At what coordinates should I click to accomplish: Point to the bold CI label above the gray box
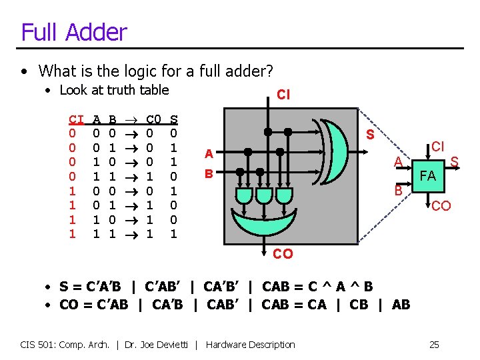pyautogui.click(x=283, y=95)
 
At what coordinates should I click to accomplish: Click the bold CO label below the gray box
pyautogui.click(x=283, y=253)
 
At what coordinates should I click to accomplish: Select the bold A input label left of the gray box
pyautogui.click(x=209, y=154)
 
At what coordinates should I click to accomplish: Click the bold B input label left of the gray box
pyautogui.click(x=209, y=175)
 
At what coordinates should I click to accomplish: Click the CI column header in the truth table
pyautogui.click(x=75, y=119)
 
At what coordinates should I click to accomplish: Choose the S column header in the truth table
pyautogui.click(x=175, y=119)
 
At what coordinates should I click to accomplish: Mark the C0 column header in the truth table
pyautogui.click(x=153, y=119)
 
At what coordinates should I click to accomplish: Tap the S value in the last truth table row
pyautogui.click(x=175, y=234)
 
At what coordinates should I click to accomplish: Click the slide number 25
pyautogui.click(x=434, y=345)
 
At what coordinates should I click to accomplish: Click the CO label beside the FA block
pyautogui.click(x=440, y=207)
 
